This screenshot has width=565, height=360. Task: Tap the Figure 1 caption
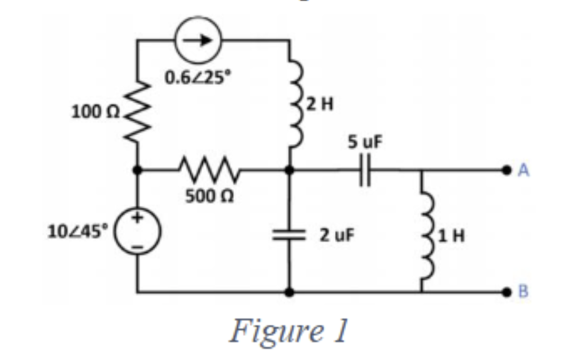287,331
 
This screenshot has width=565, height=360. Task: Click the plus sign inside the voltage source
138,222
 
